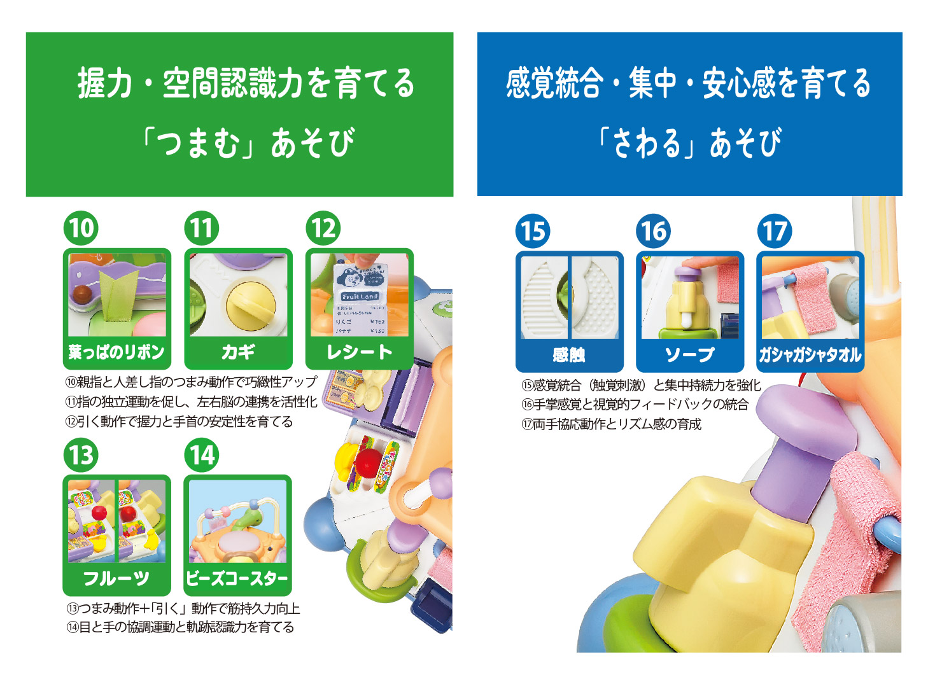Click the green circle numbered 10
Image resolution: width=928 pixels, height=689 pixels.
[81, 228]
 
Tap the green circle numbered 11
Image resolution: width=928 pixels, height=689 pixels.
[202, 228]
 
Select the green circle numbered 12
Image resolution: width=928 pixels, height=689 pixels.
[323, 228]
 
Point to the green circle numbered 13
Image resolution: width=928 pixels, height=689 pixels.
[81, 455]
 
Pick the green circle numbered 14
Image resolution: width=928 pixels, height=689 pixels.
[202, 455]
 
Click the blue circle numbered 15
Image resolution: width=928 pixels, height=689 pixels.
[533, 231]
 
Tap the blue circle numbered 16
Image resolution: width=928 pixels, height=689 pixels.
[654, 231]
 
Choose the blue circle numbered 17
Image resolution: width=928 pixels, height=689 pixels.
[775, 231]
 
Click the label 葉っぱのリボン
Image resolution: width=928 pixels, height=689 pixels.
[116, 352]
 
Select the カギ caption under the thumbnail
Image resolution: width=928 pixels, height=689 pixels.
[238, 352]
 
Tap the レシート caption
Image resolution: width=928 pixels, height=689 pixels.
[359, 352]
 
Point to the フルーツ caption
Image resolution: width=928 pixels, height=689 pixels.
[116, 579]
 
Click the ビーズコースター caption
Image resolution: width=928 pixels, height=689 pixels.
[237, 579]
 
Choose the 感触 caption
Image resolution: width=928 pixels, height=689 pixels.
[569, 355]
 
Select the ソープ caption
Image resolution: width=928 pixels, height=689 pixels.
[690, 355]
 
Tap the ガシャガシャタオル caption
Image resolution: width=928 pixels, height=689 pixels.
[810, 355]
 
